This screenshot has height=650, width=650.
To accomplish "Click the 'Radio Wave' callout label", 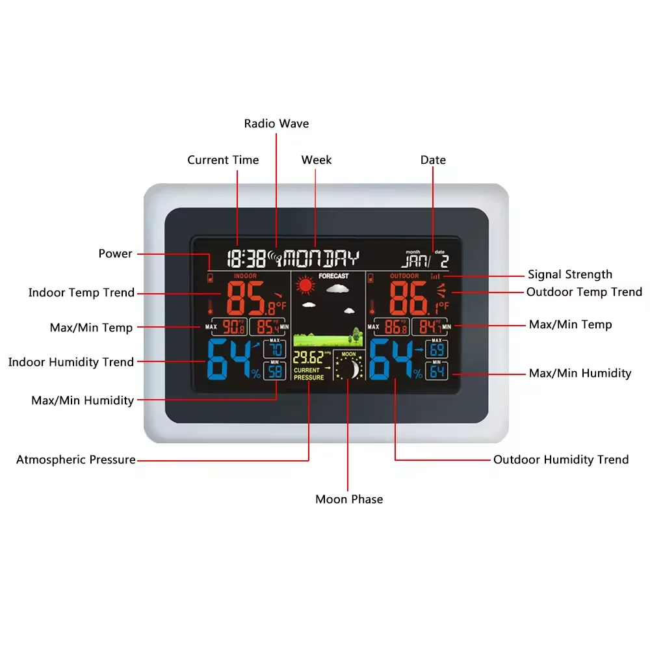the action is tap(276, 123).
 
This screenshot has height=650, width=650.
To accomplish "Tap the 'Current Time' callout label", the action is tap(223, 160).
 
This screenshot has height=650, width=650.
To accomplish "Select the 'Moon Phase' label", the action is tap(349, 499).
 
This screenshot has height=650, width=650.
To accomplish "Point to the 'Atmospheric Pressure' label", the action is tap(76, 460).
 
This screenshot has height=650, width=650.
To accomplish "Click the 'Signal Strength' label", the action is tap(570, 274).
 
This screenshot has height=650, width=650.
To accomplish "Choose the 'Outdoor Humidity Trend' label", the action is tap(561, 460).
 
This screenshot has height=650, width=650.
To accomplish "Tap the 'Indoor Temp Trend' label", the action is tap(81, 292).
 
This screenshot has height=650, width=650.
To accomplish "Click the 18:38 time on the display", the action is tap(246, 259).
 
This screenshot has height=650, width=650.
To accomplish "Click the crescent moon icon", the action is tap(352, 369).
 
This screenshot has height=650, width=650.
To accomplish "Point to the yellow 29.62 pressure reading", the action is tap(307, 357).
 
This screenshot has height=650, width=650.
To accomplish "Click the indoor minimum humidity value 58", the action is tap(275, 372).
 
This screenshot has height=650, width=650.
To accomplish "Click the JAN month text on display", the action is tap(413, 261).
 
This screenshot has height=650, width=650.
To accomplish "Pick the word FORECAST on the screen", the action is tap(333, 276).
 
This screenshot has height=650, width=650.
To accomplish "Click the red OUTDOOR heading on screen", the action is tap(404, 276).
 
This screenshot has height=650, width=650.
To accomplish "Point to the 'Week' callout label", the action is tap(317, 160).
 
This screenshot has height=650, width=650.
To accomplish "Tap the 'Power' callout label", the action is tap(115, 253).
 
